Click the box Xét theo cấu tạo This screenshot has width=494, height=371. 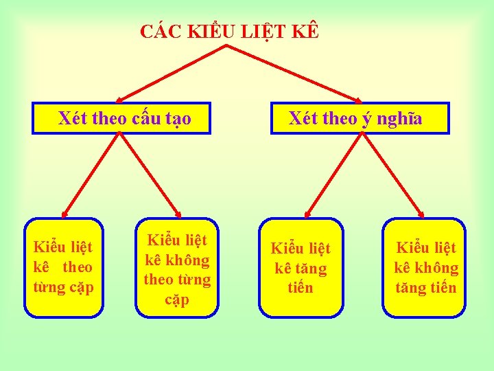pyautogui.click(x=120, y=118)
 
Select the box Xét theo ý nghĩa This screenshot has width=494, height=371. pyautogui.click(x=360, y=118)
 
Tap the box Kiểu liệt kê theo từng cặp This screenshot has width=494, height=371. pyautogui.click(x=64, y=267)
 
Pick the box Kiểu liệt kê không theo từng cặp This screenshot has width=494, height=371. pyautogui.click(x=177, y=268)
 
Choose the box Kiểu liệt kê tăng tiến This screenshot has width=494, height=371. pyautogui.click(x=301, y=268)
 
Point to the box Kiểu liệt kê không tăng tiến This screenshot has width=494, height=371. pyautogui.click(x=425, y=267)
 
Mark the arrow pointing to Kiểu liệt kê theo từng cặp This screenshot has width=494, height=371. pyautogui.click(x=91, y=175)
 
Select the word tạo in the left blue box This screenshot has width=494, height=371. pyautogui.click(x=178, y=120)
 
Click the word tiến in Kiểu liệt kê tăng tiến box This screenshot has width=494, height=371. pyautogui.click(x=301, y=288)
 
